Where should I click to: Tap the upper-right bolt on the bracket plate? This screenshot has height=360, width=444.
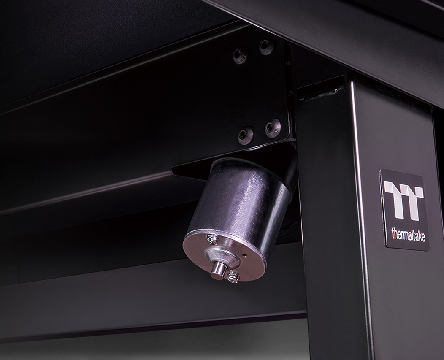pos(266,46)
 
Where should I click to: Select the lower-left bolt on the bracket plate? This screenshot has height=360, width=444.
pos(245,135)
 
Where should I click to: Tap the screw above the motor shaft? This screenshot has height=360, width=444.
pos(212,240)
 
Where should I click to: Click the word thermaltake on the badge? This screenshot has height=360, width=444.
pos(408,235)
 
